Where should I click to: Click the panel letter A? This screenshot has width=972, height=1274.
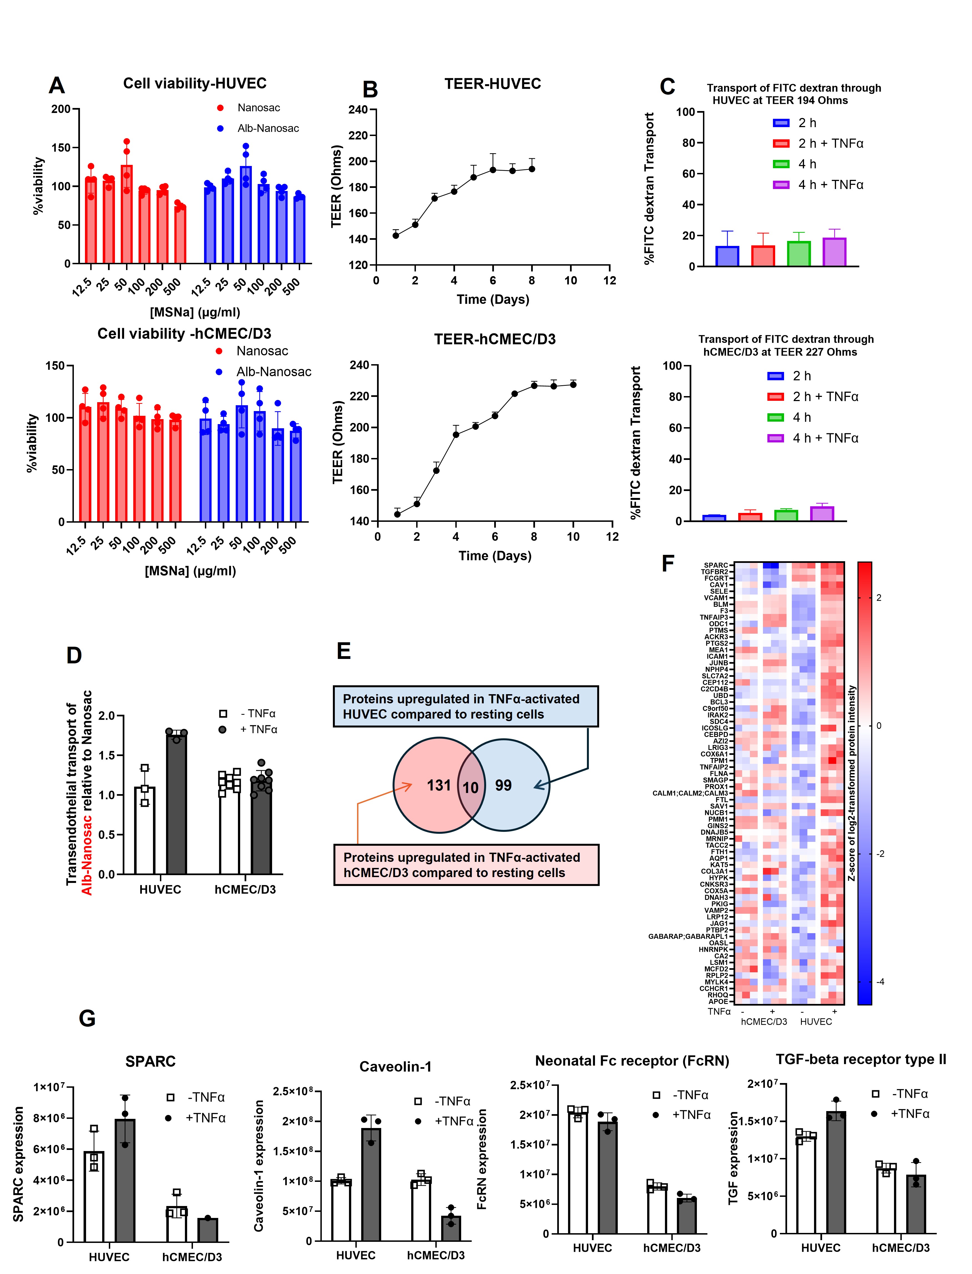tap(57, 85)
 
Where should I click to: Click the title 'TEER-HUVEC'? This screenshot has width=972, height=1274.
tap(492, 84)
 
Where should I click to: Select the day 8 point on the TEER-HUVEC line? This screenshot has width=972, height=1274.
tap(532, 169)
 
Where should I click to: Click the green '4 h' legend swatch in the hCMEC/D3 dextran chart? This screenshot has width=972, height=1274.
tap(775, 417)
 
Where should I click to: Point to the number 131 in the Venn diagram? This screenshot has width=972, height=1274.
tap(439, 785)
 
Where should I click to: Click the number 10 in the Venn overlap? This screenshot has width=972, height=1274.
tap(470, 788)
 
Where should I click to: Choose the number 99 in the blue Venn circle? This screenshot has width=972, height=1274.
tap(503, 785)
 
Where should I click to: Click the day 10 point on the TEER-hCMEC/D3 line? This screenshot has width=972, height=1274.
tap(573, 385)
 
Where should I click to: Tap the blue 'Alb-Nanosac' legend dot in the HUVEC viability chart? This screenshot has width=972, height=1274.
tap(220, 129)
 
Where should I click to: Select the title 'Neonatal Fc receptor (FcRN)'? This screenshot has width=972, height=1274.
tap(632, 1061)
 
